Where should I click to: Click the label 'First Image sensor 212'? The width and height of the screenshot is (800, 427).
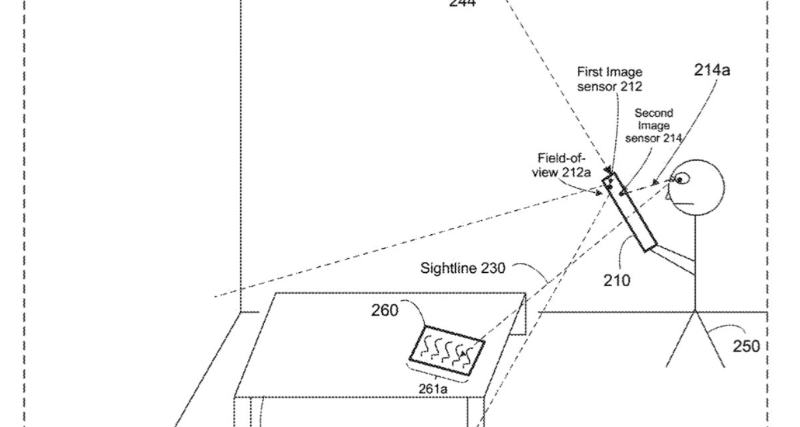click(609, 79)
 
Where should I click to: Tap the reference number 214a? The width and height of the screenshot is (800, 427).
click(711, 69)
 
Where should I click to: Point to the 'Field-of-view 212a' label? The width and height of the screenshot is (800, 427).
click(561, 165)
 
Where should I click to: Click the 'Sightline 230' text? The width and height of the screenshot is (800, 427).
click(462, 268)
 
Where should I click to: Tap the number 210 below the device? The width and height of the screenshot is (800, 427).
click(617, 280)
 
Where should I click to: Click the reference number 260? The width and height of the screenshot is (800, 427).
click(385, 310)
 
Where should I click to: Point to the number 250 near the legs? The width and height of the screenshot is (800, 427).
click(745, 346)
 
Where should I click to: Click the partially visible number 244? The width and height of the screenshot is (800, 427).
click(462, 4)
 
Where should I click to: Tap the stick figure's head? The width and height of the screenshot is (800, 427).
click(696, 187)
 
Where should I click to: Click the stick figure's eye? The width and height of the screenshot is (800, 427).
click(680, 179)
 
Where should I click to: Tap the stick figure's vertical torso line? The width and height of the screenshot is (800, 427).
click(695, 267)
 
